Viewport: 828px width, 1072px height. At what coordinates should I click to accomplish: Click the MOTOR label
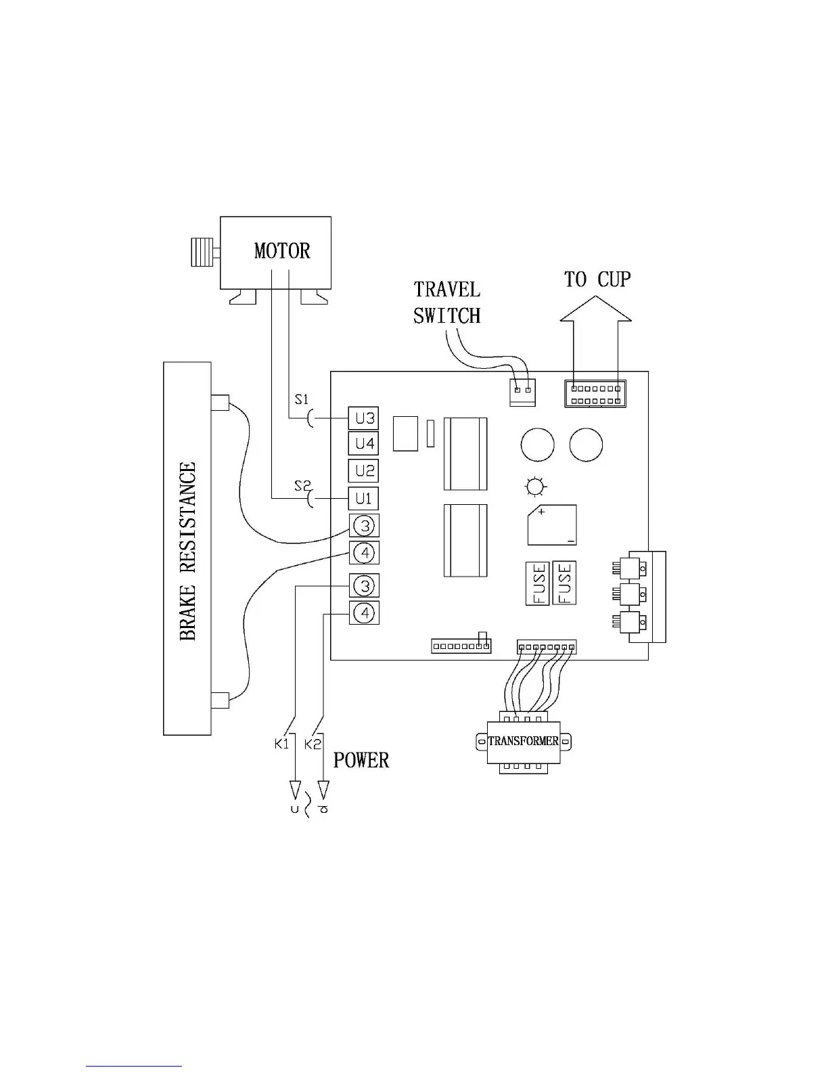[282, 251]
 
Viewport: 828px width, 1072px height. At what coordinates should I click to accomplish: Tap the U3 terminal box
[364, 418]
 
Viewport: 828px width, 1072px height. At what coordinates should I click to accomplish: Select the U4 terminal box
[364, 444]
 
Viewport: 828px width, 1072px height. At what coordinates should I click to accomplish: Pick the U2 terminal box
[364, 470]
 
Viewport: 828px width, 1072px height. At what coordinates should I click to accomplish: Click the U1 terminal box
[364, 499]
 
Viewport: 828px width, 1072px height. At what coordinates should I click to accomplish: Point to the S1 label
[302, 399]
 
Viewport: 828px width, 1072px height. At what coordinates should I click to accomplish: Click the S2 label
[302, 485]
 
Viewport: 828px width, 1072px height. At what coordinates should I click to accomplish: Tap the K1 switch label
[282, 744]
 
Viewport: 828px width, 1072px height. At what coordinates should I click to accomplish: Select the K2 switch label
[313, 744]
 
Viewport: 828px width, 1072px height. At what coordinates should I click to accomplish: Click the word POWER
[361, 760]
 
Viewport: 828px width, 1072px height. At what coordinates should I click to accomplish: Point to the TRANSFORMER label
[524, 741]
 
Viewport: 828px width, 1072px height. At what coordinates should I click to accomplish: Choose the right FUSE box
[565, 582]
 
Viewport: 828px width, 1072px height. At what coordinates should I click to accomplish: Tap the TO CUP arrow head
[596, 309]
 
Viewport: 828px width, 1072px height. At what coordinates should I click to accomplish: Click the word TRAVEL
[447, 290]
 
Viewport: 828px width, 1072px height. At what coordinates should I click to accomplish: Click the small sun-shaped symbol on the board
[536, 487]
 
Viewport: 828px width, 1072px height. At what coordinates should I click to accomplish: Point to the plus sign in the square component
[542, 512]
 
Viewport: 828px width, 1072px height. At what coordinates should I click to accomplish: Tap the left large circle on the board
[538, 445]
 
